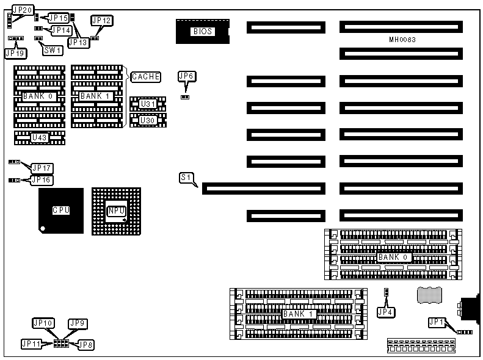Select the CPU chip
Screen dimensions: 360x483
pyautogui.click(x=61, y=211)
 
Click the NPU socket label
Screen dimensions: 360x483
pyautogui.click(x=117, y=211)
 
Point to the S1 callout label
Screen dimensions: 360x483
pyautogui.click(x=187, y=178)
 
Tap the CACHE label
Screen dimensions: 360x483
pyautogui.click(x=146, y=77)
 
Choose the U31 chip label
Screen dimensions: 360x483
pyautogui.click(x=148, y=104)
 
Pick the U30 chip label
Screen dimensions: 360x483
pyautogui.click(x=148, y=120)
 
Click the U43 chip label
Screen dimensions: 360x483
pyautogui.click(x=40, y=137)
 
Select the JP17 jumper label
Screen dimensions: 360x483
pyautogui.click(x=42, y=168)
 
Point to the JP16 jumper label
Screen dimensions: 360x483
pyautogui.click(x=42, y=180)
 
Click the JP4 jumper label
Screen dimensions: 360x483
pyautogui.click(x=386, y=312)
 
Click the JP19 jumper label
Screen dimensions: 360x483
pyautogui.click(x=15, y=53)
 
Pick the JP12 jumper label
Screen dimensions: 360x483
pyautogui.click(x=102, y=21)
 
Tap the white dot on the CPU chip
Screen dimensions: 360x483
pyautogui.click(x=42, y=229)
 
